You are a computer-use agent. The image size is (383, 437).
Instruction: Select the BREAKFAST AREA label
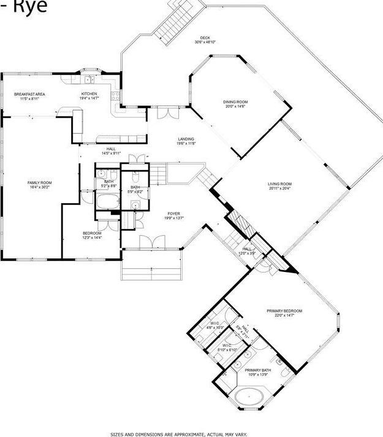tap(29, 94)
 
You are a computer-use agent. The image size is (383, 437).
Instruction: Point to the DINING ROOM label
tap(235, 101)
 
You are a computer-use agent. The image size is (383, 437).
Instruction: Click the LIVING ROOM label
tap(279, 184)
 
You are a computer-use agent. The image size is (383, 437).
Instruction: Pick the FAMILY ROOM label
tap(39, 182)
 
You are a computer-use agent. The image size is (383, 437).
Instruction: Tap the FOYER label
tap(173, 214)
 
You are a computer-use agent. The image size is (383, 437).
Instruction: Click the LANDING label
tap(186, 139)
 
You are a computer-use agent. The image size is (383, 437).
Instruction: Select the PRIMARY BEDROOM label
tap(284, 311)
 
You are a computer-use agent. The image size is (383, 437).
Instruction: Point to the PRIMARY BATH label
tap(257, 370)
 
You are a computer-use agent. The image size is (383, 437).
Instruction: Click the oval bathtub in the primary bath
tap(250, 398)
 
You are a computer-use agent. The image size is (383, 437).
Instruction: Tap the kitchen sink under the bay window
tap(89, 79)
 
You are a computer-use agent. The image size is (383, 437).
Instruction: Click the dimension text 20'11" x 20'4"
tap(279, 188)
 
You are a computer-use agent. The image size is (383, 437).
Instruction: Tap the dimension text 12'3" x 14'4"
tap(92, 238)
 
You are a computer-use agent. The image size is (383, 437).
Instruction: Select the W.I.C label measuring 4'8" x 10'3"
tap(214, 323)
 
